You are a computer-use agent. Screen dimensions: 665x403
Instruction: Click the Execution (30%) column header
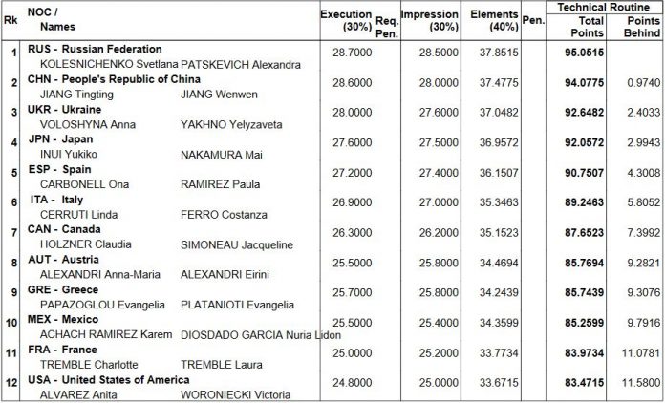(347, 20)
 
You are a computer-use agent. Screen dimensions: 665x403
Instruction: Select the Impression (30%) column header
(430, 20)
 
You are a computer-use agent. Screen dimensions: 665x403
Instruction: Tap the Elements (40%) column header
(495, 20)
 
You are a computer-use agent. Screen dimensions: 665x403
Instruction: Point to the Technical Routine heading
(603, 7)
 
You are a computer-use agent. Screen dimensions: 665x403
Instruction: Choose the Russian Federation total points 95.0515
(584, 53)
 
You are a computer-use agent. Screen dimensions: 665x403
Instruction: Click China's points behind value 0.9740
(644, 83)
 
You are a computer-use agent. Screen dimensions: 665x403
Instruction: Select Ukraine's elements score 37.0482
(499, 113)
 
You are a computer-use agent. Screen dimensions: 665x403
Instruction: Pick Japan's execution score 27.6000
(352, 143)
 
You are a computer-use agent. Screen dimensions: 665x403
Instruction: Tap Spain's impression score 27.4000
(439, 173)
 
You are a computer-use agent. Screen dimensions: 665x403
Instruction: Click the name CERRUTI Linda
(79, 215)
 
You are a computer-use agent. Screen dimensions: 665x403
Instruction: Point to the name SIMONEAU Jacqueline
(237, 244)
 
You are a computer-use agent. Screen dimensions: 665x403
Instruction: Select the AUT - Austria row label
(63, 260)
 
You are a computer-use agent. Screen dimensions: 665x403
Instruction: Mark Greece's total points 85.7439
(584, 293)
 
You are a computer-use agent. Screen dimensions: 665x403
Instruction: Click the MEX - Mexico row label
(63, 319)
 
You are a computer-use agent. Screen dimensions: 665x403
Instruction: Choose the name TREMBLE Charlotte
(89, 365)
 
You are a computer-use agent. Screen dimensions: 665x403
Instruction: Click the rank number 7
(14, 233)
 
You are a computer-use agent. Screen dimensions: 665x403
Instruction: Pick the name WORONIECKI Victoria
(236, 395)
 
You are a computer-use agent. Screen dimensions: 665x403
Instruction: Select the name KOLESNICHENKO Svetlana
(109, 65)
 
